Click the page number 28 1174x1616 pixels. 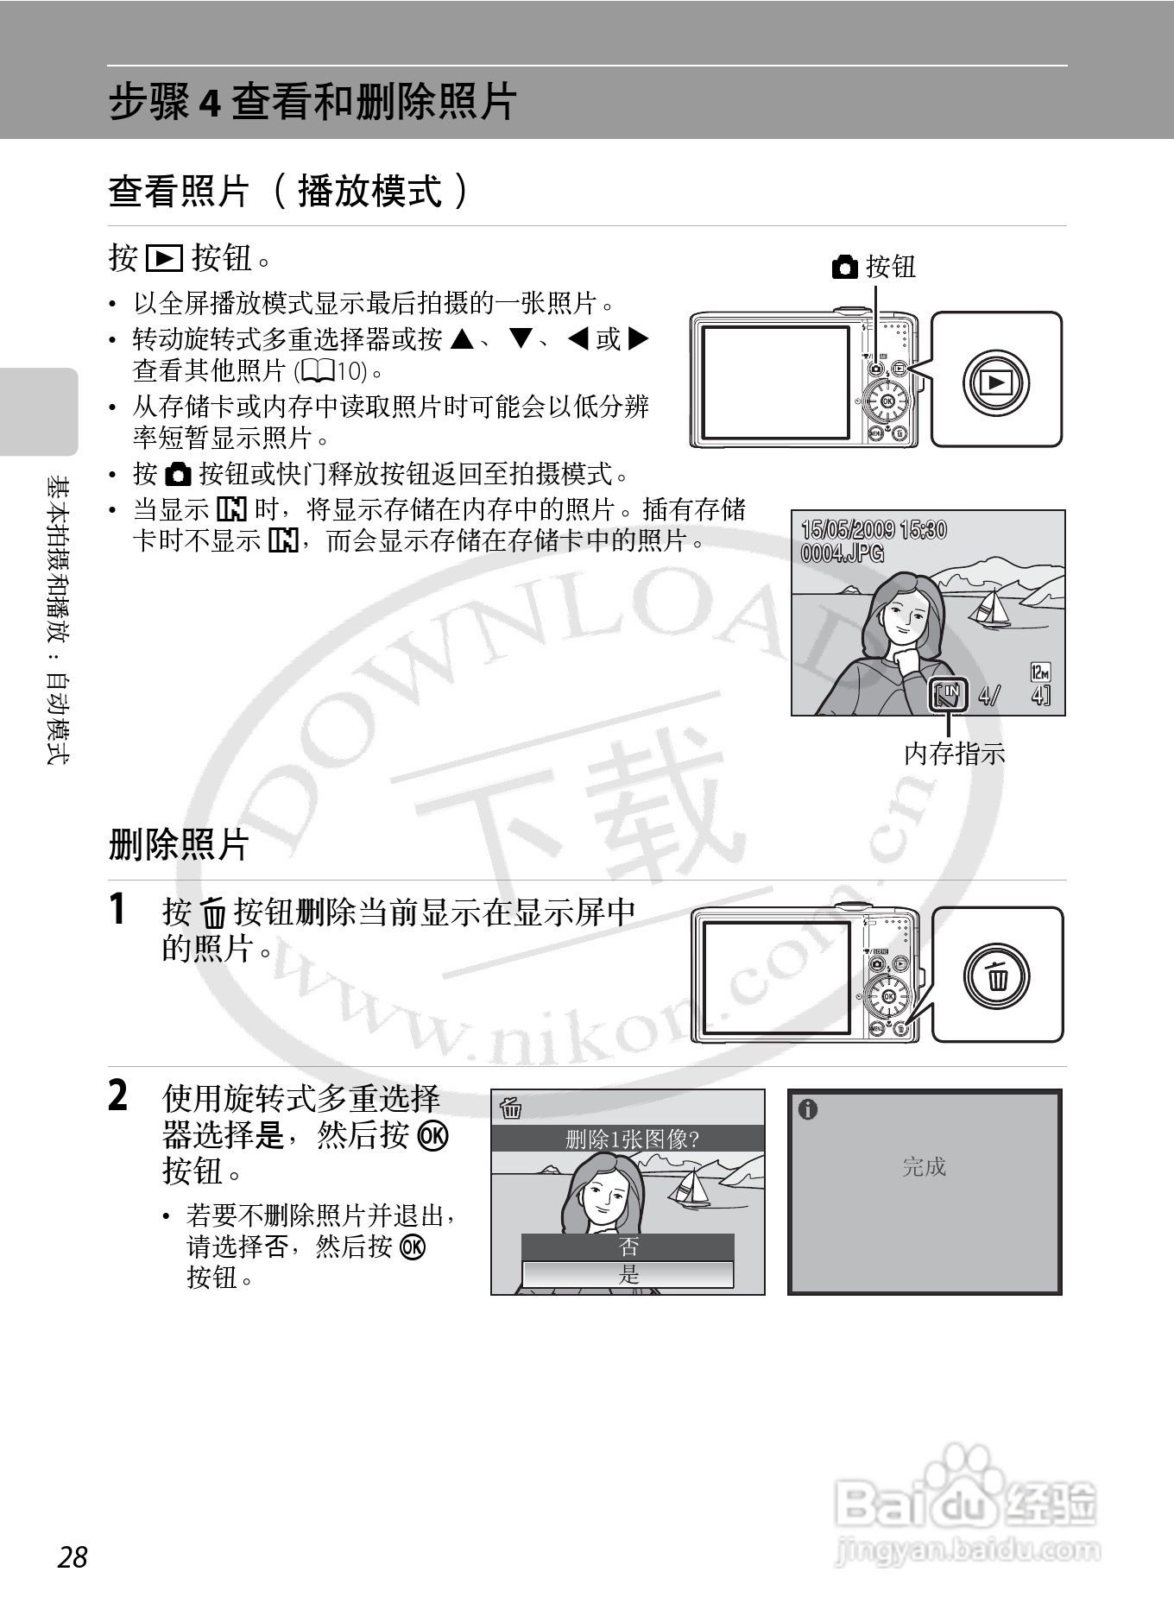pyautogui.click(x=73, y=1556)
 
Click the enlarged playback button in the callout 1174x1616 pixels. pyautogui.click(x=996, y=382)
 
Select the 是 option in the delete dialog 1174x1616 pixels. pyautogui.click(x=628, y=1273)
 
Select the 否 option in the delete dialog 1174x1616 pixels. pyautogui.click(x=628, y=1246)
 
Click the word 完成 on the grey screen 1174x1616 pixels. pyautogui.click(x=924, y=1167)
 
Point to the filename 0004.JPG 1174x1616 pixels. pyautogui.click(x=843, y=552)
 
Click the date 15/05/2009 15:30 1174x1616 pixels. pyautogui.click(x=873, y=529)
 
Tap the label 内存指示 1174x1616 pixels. pyautogui.click(x=954, y=754)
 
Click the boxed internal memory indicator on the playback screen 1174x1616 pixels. pyautogui.click(x=947, y=693)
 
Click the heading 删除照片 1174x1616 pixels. pyautogui.click(x=179, y=843)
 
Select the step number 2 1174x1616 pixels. pyautogui.click(x=118, y=1096)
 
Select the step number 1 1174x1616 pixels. pyautogui.click(x=118, y=909)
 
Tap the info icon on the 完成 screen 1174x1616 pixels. pyautogui.click(x=808, y=1109)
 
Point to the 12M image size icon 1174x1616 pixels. pyautogui.click(x=1040, y=672)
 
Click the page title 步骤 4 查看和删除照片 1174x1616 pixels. pyautogui.click(x=312, y=102)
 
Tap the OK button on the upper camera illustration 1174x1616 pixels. pyautogui.click(x=887, y=401)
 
